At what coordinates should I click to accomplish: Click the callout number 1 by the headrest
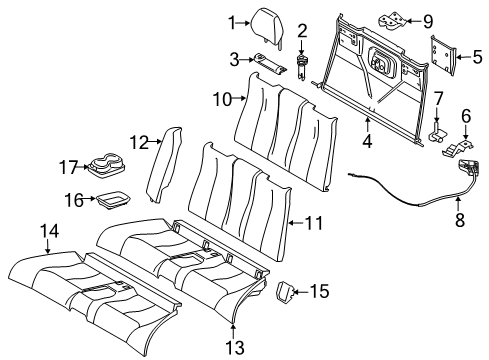(x=230, y=22)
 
